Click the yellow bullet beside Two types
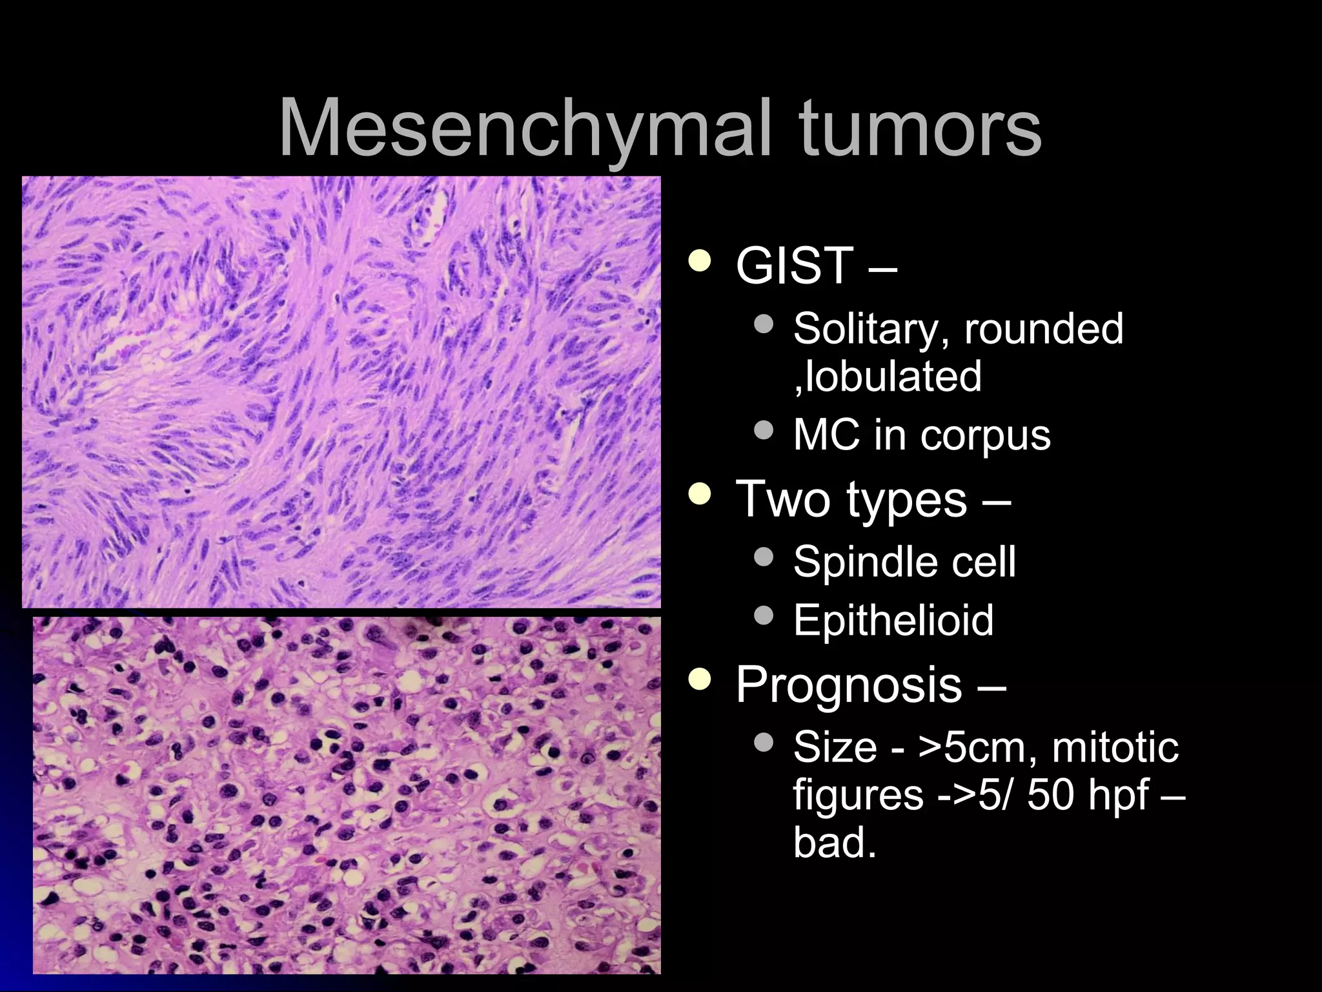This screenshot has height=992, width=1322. pyautogui.click(x=700, y=495)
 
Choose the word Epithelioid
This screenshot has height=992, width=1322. pyautogui.click(x=893, y=620)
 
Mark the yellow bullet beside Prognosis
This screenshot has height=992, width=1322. pyautogui.click(x=700, y=679)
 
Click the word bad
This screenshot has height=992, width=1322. pyautogui.click(x=834, y=843)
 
